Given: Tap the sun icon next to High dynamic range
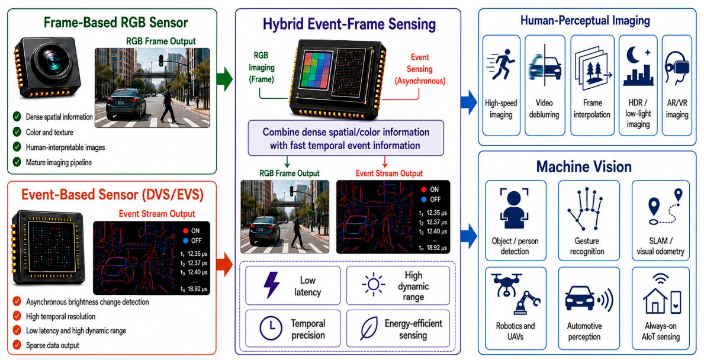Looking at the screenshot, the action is tap(374, 285).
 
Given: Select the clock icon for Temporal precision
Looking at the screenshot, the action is tap(271, 329).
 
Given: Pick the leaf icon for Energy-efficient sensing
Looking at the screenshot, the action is tap(369, 329).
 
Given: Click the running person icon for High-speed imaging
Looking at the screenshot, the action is tap(500, 67).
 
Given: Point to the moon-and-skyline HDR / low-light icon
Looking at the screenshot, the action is tap(638, 67).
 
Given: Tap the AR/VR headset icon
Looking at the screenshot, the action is tap(677, 68).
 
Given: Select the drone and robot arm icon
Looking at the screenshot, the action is tap(516, 294).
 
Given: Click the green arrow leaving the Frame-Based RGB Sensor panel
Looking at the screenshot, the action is tap(224, 79).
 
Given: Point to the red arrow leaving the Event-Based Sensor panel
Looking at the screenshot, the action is tap(224, 265).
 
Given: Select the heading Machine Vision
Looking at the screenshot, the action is tap(584, 167).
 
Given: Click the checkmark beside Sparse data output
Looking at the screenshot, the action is tap(17, 345).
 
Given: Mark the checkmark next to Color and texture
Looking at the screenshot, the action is tap(17, 132).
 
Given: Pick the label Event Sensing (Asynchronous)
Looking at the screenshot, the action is tap(420, 69).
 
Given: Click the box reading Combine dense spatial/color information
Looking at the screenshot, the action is tap(346, 138).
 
